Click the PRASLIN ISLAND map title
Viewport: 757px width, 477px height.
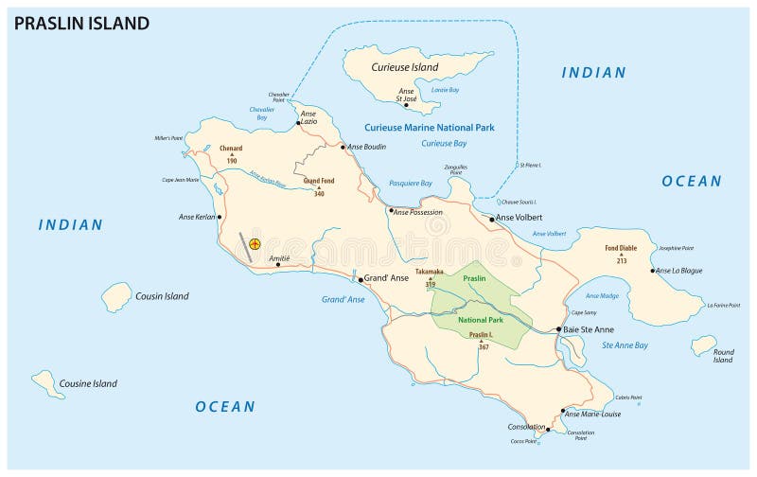coord(81,24)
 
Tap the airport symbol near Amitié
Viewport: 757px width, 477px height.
coord(255,244)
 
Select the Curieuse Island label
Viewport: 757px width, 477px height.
coord(404,67)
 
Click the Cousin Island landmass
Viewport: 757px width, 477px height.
coord(116,296)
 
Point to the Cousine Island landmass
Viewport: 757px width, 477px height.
coord(44,382)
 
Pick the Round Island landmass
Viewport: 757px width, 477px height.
coord(703,345)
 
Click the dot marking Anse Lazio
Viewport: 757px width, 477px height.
coord(299,122)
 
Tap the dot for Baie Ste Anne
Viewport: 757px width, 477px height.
coord(559,329)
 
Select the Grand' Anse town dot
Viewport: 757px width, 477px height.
coord(361,279)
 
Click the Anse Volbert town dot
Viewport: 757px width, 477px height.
coord(492,219)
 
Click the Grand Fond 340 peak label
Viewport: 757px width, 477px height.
coord(319,185)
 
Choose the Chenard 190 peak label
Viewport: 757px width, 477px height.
coord(231,153)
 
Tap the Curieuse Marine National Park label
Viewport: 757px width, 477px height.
coord(430,127)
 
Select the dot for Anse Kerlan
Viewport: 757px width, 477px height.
coord(220,217)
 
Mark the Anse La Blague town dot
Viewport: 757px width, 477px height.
coord(653,271)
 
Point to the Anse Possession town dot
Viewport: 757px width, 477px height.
coord(390,211)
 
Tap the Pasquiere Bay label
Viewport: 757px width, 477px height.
coord(411,183)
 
